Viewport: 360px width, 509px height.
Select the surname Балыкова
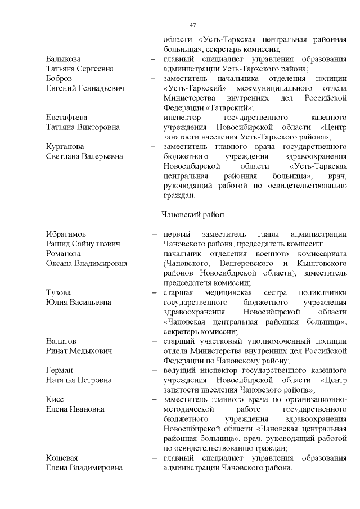coord(62,59)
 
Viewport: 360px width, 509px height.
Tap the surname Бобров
coord(58,79)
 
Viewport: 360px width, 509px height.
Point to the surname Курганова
coord(65,147)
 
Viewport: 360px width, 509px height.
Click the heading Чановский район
coord(193,214)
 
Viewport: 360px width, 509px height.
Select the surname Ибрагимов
coord(67,234)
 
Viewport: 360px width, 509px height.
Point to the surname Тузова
coord(58,292)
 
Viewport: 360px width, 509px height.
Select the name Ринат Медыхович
coord(79,351)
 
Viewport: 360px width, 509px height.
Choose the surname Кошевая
coord(62,458)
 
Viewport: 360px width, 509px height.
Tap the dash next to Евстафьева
coord(153,118)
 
